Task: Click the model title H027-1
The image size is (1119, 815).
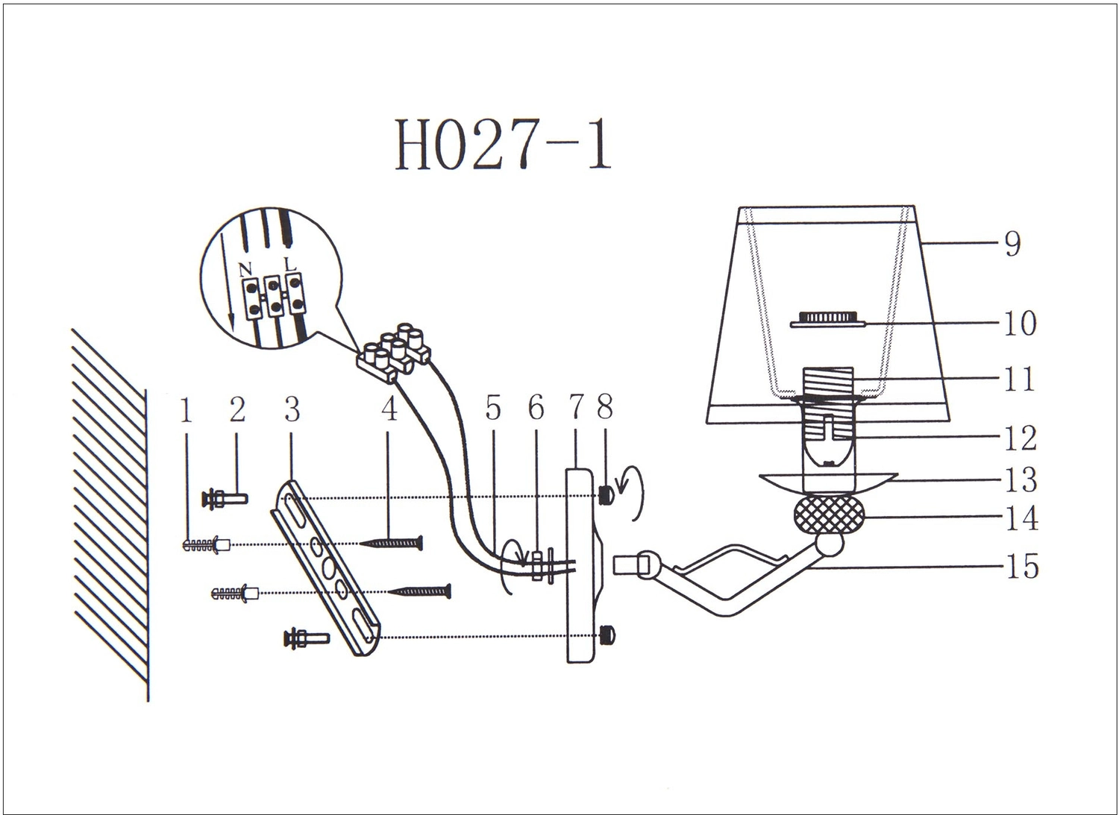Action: click(x=503, y=145)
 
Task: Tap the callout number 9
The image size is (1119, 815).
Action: click(x=1012, y=244)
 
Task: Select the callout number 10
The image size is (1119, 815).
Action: click(x=1020, y=323)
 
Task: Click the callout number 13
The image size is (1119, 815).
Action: click(x=1021, y=480)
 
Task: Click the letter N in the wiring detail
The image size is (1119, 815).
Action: click(x=245, y=270)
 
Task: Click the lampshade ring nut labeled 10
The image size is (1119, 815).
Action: click(x=827, y=319)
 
